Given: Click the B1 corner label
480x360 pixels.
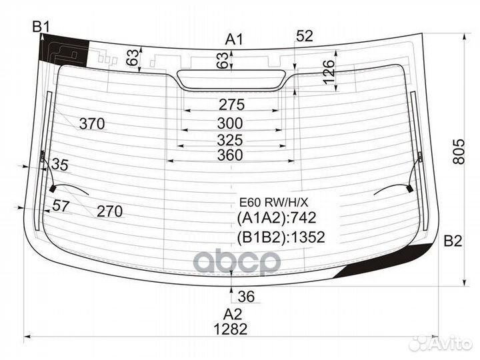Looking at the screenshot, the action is [x=41, y=27].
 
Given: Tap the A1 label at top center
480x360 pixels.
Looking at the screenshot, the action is [x=234, y=40].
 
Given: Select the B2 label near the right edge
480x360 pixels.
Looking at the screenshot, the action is [x=453, y=241].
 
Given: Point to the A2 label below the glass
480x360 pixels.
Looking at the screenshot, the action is [x=233, y=315].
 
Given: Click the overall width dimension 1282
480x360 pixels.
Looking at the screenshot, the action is [x=230, y=329].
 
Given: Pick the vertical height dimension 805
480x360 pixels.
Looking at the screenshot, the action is [x=459, y=151].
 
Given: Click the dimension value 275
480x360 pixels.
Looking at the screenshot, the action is [x=232, y=105].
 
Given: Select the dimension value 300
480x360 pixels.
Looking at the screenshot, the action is [x=230, y=123].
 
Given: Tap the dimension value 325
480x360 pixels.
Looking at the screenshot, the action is [x=230, y=140].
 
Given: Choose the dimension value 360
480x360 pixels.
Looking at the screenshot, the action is [x=230, y=155].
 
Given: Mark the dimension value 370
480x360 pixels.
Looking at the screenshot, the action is [x=92, y=124].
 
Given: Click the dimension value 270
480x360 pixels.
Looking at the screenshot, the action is [x=109, y=211].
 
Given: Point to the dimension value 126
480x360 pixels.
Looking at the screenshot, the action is [x=329, y=72].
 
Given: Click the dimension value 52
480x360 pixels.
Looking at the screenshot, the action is [x=305, y=36].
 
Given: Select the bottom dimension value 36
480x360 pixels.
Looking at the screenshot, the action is [x=246, y=297].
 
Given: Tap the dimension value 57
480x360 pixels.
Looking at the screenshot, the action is [x=61, y=206].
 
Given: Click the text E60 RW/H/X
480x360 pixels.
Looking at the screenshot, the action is [x=274, y=203].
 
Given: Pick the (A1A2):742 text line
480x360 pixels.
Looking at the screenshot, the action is [x=276, y=218].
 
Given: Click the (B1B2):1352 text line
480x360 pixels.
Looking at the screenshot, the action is [x=281, y=237].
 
